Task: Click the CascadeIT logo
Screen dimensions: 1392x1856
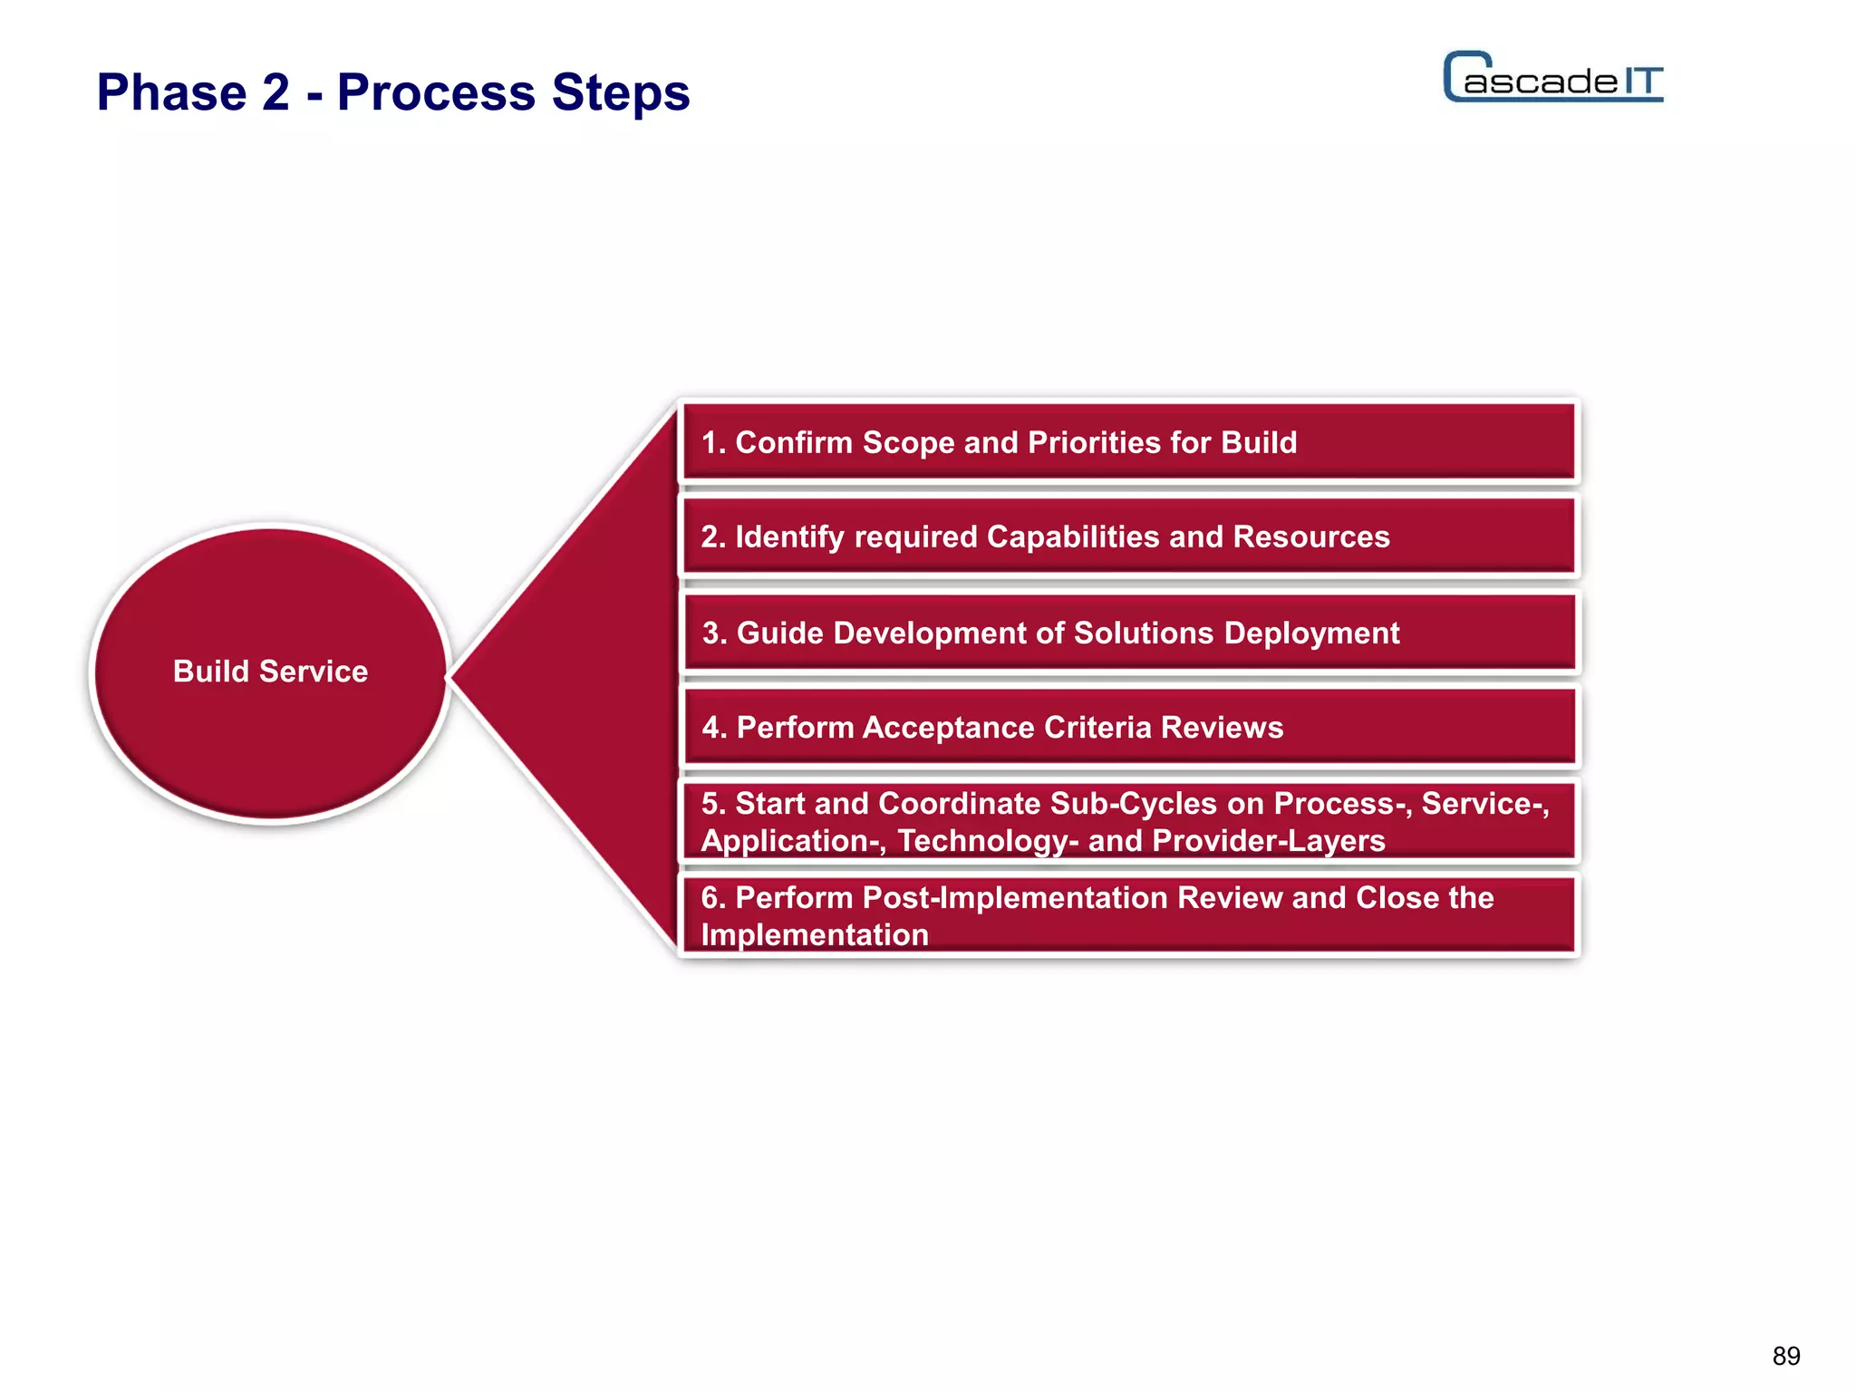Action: coord(1552,78)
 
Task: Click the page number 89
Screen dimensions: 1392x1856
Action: coord(1785,1356)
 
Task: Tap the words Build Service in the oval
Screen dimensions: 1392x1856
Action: coord(270,672)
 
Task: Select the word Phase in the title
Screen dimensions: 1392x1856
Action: coord(172,92)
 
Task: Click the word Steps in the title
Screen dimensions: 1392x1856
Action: coord(621,92)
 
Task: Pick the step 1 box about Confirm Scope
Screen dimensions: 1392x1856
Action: coord(1128,442)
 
